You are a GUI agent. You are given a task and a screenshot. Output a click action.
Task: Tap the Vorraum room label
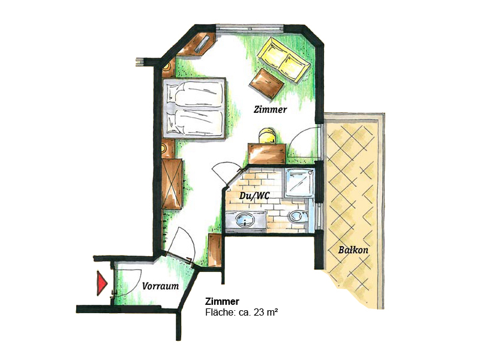click(160, 286)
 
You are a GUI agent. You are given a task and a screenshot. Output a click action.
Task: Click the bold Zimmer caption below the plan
click(222, 301)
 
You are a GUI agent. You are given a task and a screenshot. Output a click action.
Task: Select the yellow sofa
click(284, 59)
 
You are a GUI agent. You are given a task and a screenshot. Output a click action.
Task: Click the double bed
click(193, 108)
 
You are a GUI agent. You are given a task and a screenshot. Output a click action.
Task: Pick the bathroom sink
click(246, 220)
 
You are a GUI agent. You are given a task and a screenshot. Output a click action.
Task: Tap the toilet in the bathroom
click(295, 217)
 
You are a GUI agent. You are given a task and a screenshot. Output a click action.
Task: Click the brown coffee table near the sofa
click(266, 82)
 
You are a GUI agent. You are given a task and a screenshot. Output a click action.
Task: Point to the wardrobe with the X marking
click(172, 182)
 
